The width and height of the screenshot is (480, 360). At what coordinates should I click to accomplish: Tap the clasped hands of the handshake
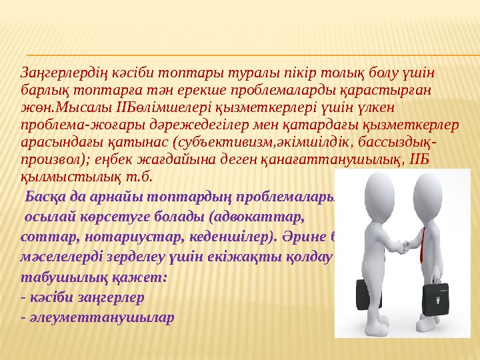[398, 247]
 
